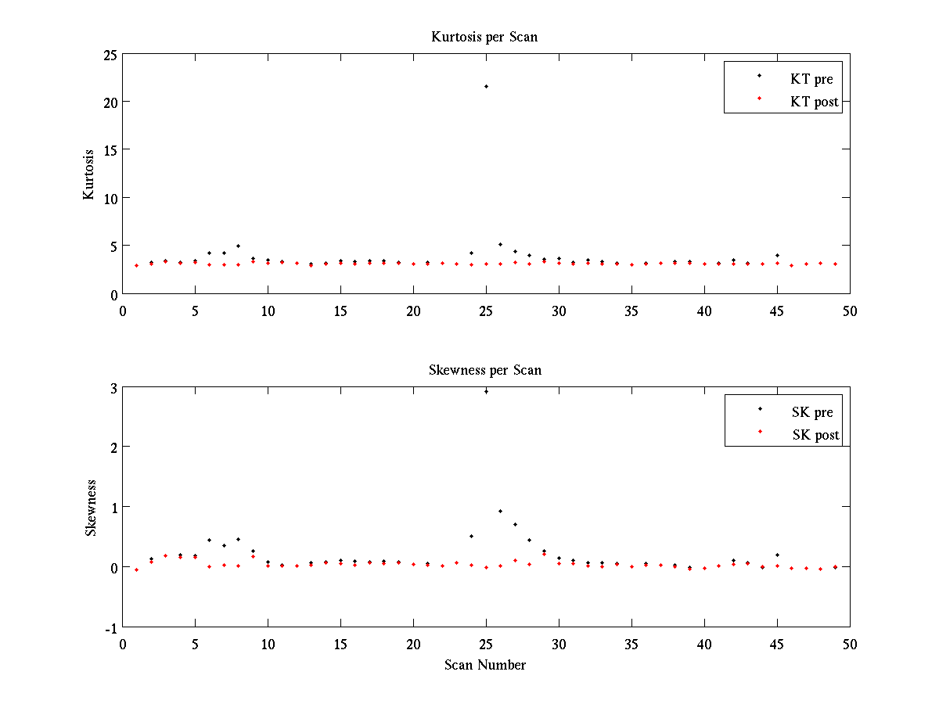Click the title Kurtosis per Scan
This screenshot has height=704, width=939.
pyautogui.click(x=484, y=37)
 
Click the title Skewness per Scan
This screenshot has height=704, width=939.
pyautogui.click(x=485, y=369)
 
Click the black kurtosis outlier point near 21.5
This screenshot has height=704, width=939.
pyautogui.click(x=486, y=86)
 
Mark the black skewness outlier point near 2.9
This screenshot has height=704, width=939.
pyautogui.click(x=486, y=391)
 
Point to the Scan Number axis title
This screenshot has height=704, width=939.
pyautogui.click(x=485, y=665)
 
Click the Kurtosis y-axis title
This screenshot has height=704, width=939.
pyautogui.click(x=89, y=174)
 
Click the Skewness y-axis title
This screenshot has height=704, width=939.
pyautogui.click(x=91, y=508)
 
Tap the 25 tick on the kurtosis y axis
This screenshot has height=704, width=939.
pyautogui.click(x=109, y=55)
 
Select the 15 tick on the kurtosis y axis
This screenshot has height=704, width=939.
pyautogui.click(x=109, y=150)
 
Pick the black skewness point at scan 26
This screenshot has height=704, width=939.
pyautogui.click(x=500, y=511)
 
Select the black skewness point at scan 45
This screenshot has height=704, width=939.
pyautogui.click(x=777, y=555)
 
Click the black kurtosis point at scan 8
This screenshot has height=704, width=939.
pyautogui.click(x=238, y=246)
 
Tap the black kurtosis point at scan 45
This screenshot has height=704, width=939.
pyautogui.click(x=777, y=255)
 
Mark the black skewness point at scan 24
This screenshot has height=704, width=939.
pyautogui.click(x=471, y=536)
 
